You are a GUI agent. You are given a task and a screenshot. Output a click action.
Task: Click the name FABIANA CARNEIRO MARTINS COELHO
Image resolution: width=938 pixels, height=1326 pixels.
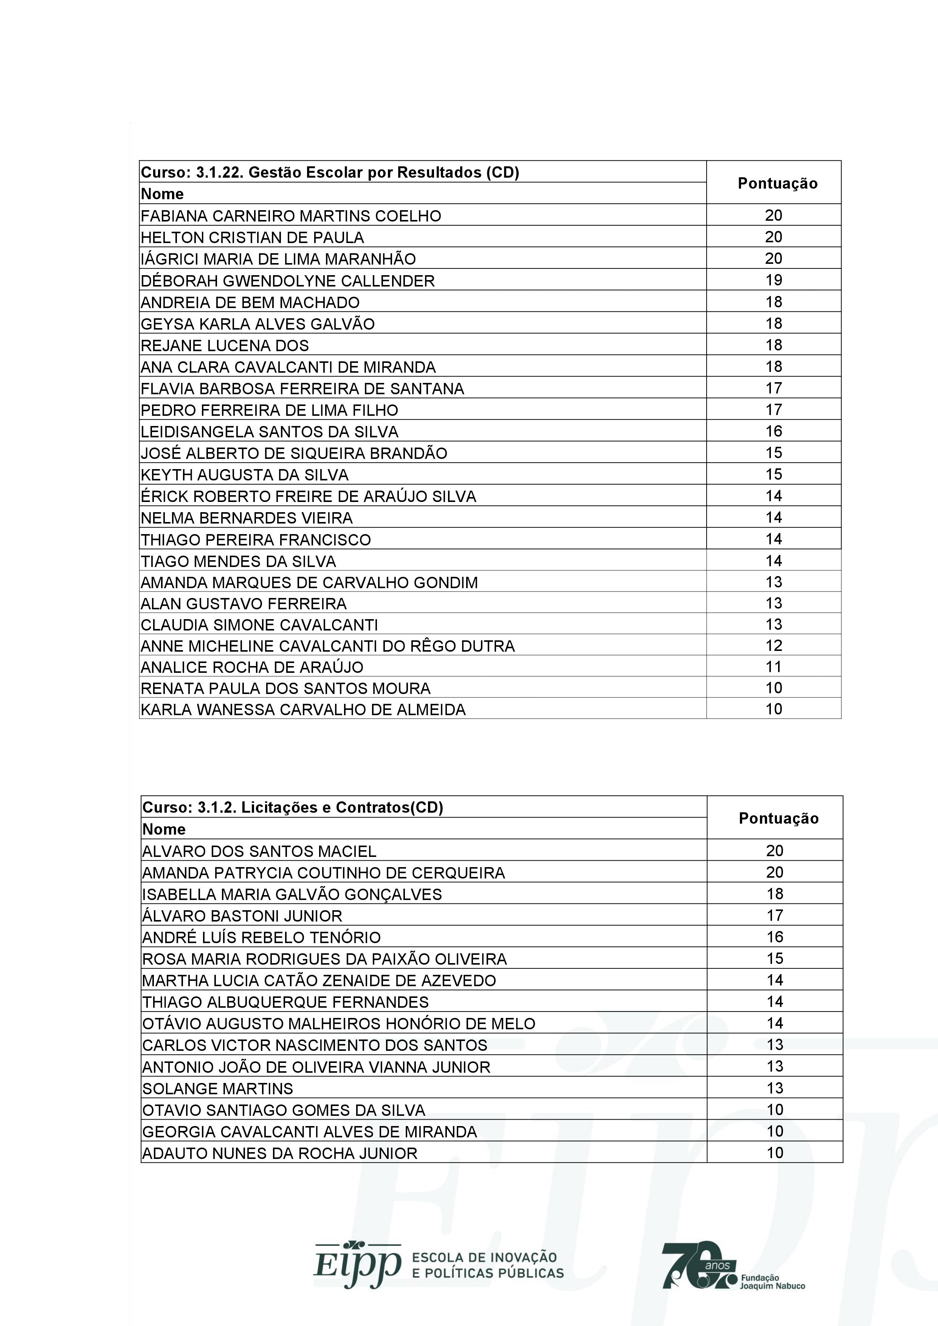point(290,216)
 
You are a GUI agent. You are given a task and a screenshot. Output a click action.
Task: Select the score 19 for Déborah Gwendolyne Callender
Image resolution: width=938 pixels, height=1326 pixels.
point(774,280)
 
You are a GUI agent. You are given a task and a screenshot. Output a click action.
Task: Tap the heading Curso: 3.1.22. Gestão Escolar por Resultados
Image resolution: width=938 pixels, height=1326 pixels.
point(330,172)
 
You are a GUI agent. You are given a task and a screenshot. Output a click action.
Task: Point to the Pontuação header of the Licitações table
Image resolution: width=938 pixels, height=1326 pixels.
point(778,818)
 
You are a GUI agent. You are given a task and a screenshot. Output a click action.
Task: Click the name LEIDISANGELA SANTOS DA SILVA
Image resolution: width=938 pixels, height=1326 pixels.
point(269,432)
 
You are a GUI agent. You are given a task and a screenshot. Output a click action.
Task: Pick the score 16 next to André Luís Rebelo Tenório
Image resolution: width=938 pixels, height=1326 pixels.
point(775,937)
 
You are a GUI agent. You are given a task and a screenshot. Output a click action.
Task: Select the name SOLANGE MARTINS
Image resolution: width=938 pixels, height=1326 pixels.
point(218,1089)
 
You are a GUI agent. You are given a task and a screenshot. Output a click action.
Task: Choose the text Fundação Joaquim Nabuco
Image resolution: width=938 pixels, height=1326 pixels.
point(772,1282)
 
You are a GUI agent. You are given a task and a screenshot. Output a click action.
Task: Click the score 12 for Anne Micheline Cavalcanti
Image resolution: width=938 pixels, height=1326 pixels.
point(774,646)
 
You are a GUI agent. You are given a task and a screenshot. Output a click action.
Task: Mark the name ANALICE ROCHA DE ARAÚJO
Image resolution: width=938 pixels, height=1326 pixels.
point(252,668)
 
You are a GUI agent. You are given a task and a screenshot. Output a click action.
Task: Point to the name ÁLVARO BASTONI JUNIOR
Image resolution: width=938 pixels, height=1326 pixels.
point(242,916)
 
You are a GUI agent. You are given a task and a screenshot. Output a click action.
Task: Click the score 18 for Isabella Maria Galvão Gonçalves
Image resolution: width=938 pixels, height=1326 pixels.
point(775,894)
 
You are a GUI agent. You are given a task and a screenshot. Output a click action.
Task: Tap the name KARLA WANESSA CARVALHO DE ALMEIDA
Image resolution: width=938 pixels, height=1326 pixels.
point(303,710)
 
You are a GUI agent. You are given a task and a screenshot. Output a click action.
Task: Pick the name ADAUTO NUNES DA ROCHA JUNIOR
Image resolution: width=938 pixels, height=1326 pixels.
point(279,1153)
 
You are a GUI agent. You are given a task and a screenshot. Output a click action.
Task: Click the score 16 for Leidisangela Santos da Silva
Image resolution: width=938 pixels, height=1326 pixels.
point(774,431)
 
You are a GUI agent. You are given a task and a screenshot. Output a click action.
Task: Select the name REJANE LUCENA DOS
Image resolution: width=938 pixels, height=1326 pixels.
point(225,346)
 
